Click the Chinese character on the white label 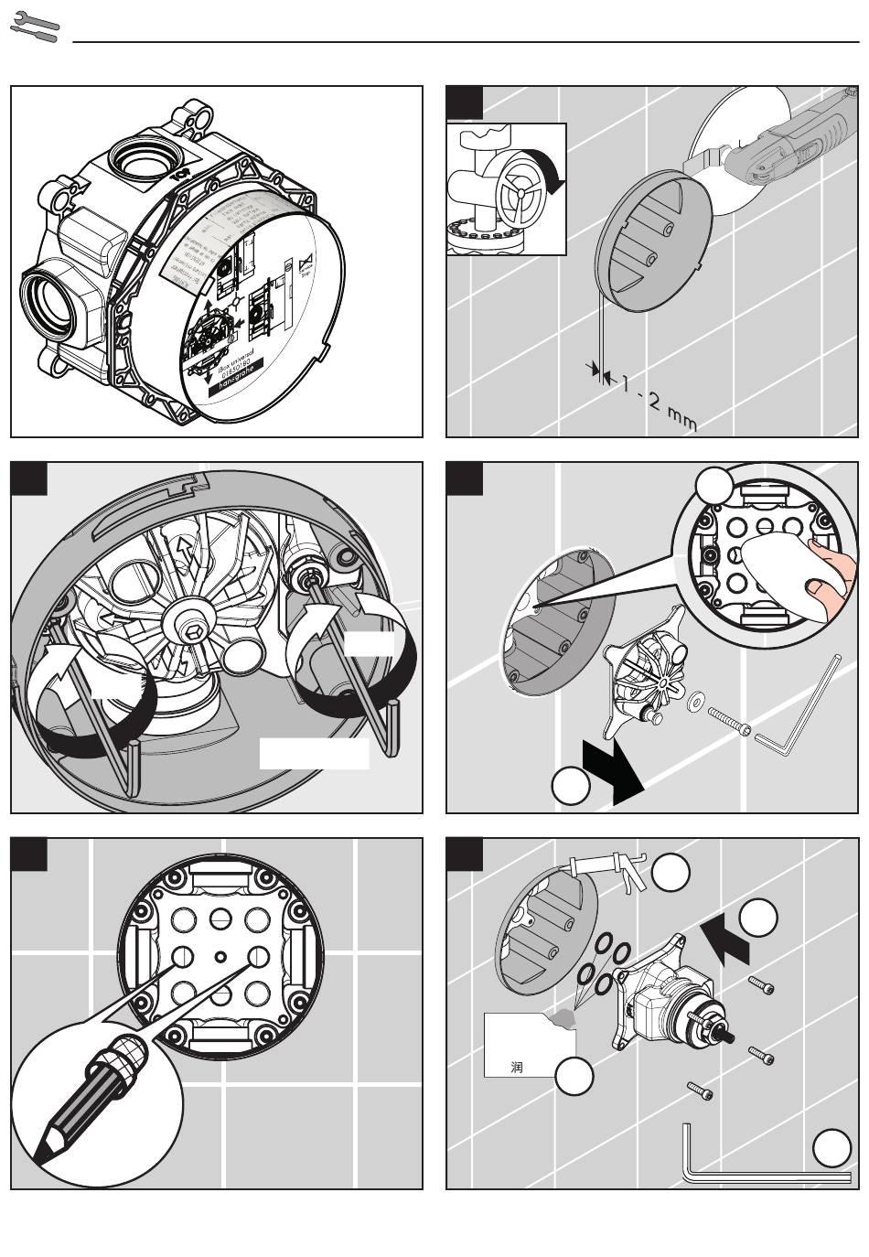click(x=517, y=1067)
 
